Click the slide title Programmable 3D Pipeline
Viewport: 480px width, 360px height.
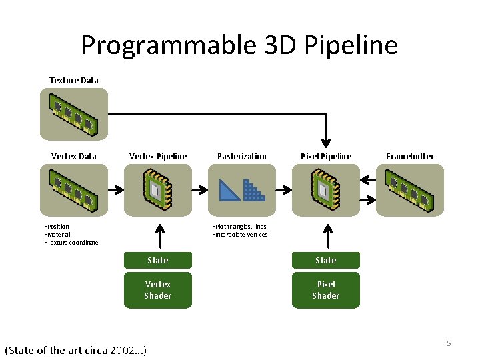(x=239, y=45)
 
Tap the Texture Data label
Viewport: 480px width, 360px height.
(x=74, y=81)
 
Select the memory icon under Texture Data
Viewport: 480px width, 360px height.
(x=73, y=114)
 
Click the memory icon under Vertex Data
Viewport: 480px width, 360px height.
(x=73, y=190)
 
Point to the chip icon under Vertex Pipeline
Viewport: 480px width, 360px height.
(x=158, y=190)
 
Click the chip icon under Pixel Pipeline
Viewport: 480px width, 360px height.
(x=326, y=190)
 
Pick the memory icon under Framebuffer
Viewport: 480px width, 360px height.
(x=410, y=190)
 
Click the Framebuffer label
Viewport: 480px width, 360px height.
(x=410, y=157)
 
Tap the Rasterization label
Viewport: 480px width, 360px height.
(x=242, y=157)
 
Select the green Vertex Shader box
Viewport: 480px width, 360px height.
(x=158, y=290)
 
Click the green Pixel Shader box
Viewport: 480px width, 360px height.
(x=326, y=290)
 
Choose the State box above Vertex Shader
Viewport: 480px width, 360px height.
(x=158, y=260)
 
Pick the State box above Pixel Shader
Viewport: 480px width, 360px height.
(x=326, y=260)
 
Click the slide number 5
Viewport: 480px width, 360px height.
(x=449, y=343)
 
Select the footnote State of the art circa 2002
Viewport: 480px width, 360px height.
(x=75, y=350)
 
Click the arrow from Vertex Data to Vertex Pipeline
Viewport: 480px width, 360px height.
(x=115, y=190)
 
